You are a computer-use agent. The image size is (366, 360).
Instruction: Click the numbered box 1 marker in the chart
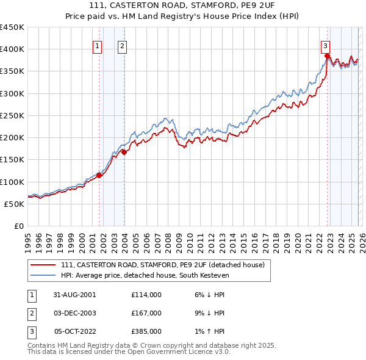[98, 45]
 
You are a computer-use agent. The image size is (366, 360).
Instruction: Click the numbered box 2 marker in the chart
[122, 45]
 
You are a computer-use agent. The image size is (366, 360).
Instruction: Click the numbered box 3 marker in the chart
[326, 45]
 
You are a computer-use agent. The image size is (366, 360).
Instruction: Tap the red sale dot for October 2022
[327, 56]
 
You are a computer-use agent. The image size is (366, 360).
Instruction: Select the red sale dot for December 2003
[124, 153]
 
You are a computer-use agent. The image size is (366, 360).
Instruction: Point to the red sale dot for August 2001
[99, 176]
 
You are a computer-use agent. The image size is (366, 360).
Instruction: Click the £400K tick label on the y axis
[12, 49]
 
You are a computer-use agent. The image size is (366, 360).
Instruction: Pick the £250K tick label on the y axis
[12, 115]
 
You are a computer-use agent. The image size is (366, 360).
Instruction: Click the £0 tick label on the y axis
[18, 226]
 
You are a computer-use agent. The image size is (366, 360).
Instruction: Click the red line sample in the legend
[43, 265]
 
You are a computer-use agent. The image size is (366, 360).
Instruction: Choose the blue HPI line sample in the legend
[43, 275]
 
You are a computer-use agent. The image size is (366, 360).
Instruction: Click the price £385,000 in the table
[146, 331]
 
